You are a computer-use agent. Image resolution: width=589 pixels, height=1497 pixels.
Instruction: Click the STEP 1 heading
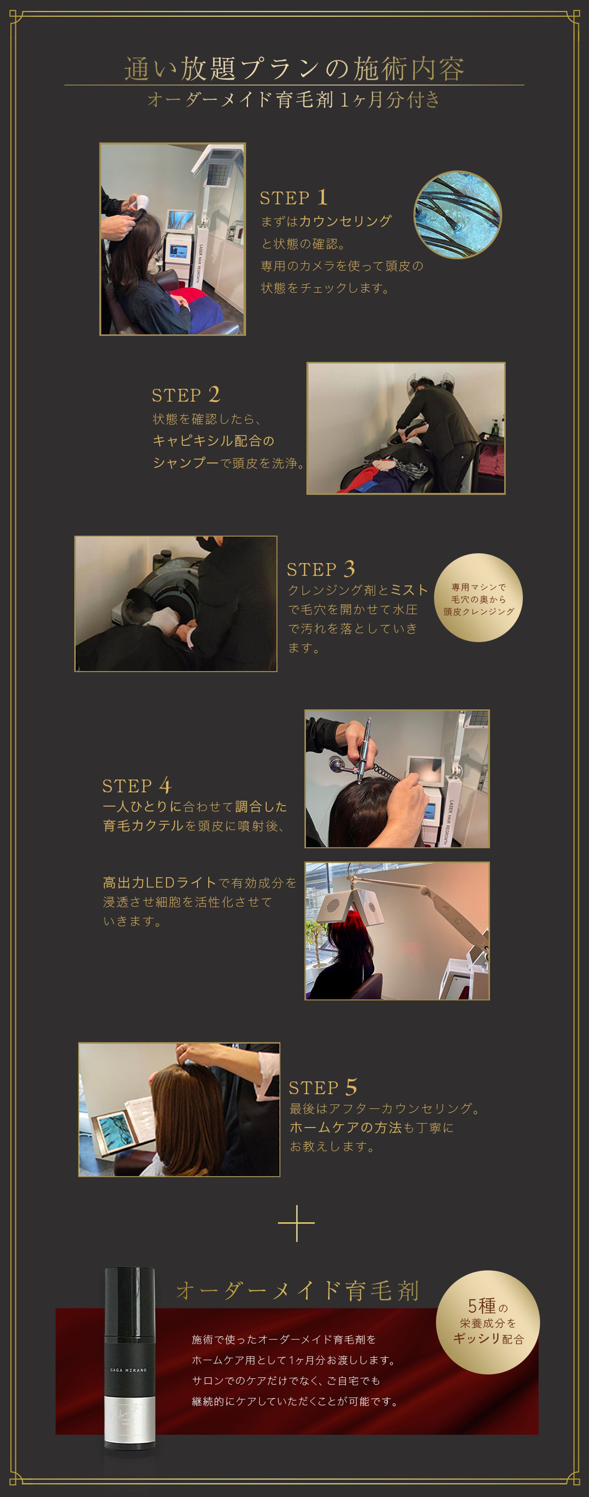(294, 198)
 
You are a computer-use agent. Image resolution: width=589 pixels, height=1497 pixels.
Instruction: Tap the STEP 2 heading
(186, 395)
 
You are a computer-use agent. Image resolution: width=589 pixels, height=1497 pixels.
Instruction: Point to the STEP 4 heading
(136, 785)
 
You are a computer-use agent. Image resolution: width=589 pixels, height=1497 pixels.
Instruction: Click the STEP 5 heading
(323, 1087)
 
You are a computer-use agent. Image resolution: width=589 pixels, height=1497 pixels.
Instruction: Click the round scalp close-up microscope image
(458, 214)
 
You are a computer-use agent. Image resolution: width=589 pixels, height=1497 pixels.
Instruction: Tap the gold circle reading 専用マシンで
(479, 598)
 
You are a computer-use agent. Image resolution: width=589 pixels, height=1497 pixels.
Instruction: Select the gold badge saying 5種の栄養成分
(488, 1322)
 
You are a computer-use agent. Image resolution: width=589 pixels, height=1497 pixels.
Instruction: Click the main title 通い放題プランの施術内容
(294, 68)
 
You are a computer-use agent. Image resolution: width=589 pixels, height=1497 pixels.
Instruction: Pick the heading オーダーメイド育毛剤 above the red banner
(297, 1290)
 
